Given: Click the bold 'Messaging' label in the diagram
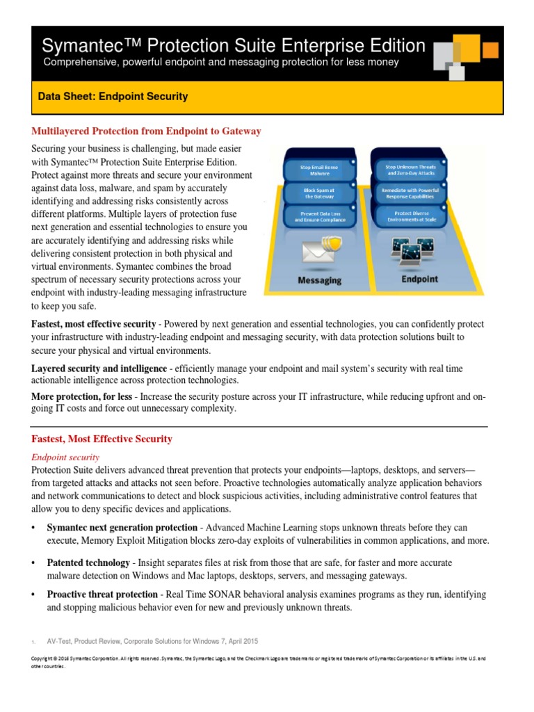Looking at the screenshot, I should click(319, 280).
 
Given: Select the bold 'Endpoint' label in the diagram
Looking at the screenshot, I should click(419, 279).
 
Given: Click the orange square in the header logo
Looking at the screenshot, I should click(490, 50).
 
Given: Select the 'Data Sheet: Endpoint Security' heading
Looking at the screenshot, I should click(113, 97).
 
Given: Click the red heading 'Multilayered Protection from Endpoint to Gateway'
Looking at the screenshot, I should click(147, 131).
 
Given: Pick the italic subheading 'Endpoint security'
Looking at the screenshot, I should click(65, 457).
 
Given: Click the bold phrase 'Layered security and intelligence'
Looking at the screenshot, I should click(99, 368).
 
